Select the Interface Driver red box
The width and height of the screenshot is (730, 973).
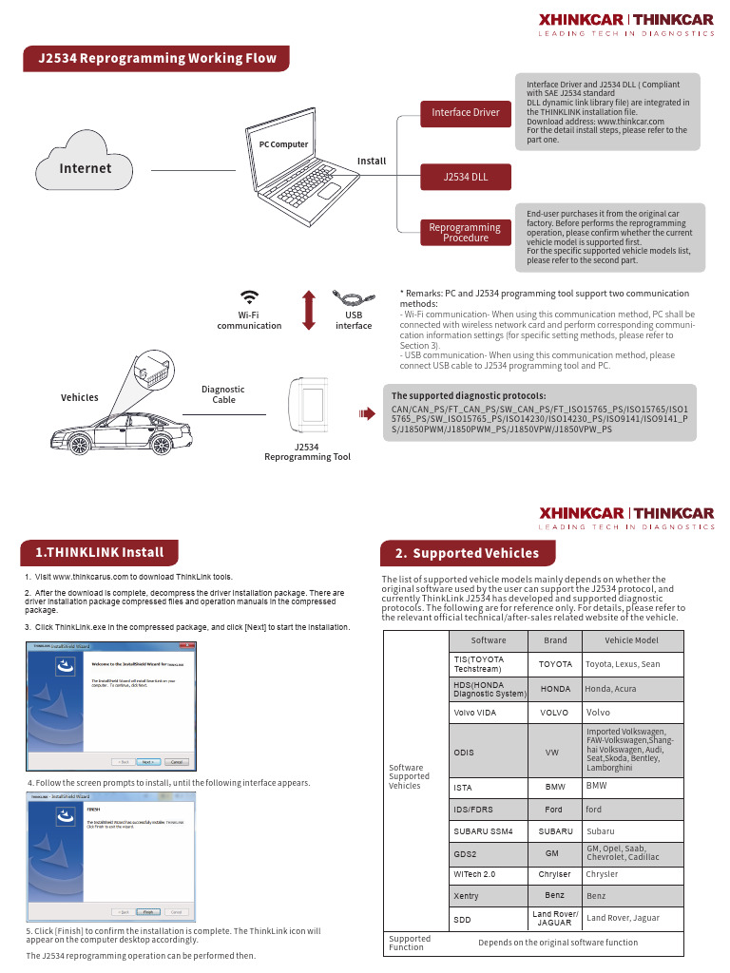(465, 112)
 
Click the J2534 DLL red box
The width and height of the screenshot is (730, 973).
(465, 177)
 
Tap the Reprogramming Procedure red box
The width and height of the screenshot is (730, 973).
(465, 232)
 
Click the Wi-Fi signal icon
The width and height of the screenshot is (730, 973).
(250, 296)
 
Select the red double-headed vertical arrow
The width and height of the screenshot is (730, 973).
(308, 310)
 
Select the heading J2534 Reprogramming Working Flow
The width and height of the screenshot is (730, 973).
(157, 58)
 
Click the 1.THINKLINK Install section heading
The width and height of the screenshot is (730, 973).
(99, 552)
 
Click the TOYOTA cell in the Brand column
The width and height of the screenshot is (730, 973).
(555, 664)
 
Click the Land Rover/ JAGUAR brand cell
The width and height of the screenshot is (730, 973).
(555, 918)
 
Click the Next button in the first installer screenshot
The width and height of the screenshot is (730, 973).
(147, 761)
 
